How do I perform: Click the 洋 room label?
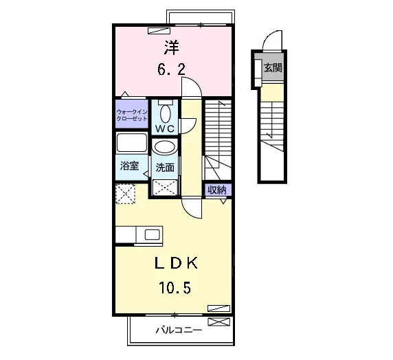click(x=172, y=47)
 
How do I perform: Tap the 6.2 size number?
click(x=172, y=69)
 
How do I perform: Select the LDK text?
click(x=176, y=263)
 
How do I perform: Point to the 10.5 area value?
click(x=175, y=288)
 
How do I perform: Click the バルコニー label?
click(x=179, y=330)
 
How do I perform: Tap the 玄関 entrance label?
click(x=273, y=67)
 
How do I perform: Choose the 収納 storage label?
click(x=217, y=190)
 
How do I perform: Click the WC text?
click(x=165, y=129)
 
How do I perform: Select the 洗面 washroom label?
click(x=165, y=168)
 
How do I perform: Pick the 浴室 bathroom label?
click(x=129, y=166)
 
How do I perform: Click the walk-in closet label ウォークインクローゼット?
click(x=132, y=115)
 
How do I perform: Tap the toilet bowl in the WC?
click(x=165, y=113)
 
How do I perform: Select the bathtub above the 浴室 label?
click(x=132, y=143)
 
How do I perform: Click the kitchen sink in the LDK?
click(x=152, y=235)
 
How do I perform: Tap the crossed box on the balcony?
click(x=218, y=322)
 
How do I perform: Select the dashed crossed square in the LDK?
click(x=125, y=194)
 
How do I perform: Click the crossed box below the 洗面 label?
click(x=165, y=188)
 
